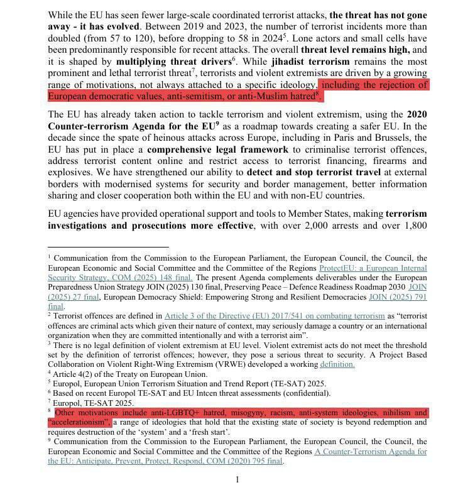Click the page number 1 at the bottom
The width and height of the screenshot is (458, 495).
(237, 480)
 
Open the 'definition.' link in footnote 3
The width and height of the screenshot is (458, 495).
(337, 364)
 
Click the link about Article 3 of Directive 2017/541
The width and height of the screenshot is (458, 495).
(263, 315)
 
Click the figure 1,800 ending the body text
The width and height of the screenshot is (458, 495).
(414, 226)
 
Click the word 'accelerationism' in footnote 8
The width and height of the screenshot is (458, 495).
(79, 423)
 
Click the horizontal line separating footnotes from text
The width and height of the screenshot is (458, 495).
(99, 247)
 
